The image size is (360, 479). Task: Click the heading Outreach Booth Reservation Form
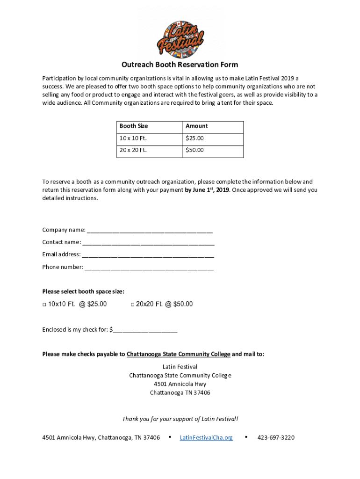pos(180,65)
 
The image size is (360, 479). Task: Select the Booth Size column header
pos(134,126)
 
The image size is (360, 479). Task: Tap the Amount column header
pos(196,126)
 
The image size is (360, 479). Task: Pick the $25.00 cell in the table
pos(194,138)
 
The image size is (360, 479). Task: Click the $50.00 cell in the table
pos(194,150)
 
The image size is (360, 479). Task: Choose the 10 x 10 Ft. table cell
pos(133,138)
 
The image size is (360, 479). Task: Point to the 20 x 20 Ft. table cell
pos(133,150)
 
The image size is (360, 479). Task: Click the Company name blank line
pos(150,231)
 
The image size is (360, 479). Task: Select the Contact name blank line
pos(148,243)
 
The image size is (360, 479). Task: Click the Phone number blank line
pos(149,268)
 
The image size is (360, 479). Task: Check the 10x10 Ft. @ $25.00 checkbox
pos(44,305)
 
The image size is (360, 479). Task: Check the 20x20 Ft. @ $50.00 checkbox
pos(132,305)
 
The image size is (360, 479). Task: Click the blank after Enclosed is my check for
pos(145,330)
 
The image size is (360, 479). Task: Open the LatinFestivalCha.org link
pos(206,438)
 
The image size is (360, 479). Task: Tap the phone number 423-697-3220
pos(276,438)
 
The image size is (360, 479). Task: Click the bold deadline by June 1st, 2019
pos(207,190)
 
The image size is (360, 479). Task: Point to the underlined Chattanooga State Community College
pos(178,354)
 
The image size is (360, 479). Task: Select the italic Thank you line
pos(180,419)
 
